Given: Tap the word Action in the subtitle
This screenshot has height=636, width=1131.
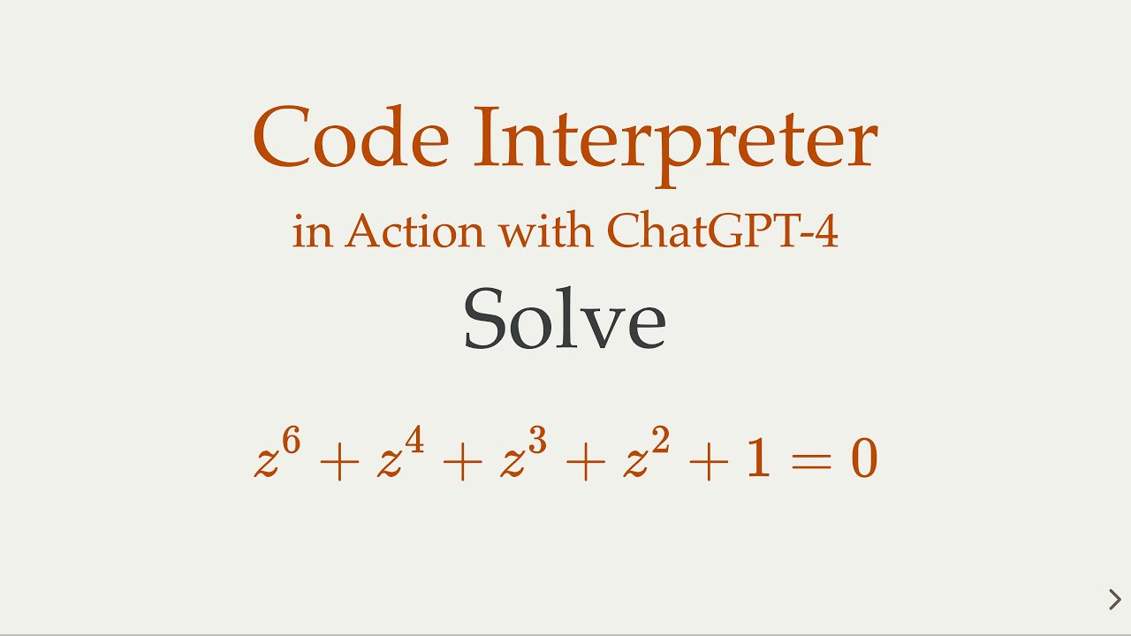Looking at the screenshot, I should pyautogui.click(x=414, y=231).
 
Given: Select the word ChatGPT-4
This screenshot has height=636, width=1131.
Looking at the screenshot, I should pyautogui.click(x=722, y=231).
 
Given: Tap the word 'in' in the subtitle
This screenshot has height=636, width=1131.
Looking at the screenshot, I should pyautogui.click(x=310, y=231).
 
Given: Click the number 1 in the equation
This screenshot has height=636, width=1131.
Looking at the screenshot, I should pyautogui.click(x=757, y=460).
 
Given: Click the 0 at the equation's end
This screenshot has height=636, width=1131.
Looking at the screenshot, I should pyautogui.click(x=863, y=460).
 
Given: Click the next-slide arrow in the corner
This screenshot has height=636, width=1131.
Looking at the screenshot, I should pyautogui.click(x=1114, y=600).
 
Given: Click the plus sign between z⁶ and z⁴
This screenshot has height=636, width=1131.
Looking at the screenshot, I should pyautogui.click(x=340, y=462).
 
